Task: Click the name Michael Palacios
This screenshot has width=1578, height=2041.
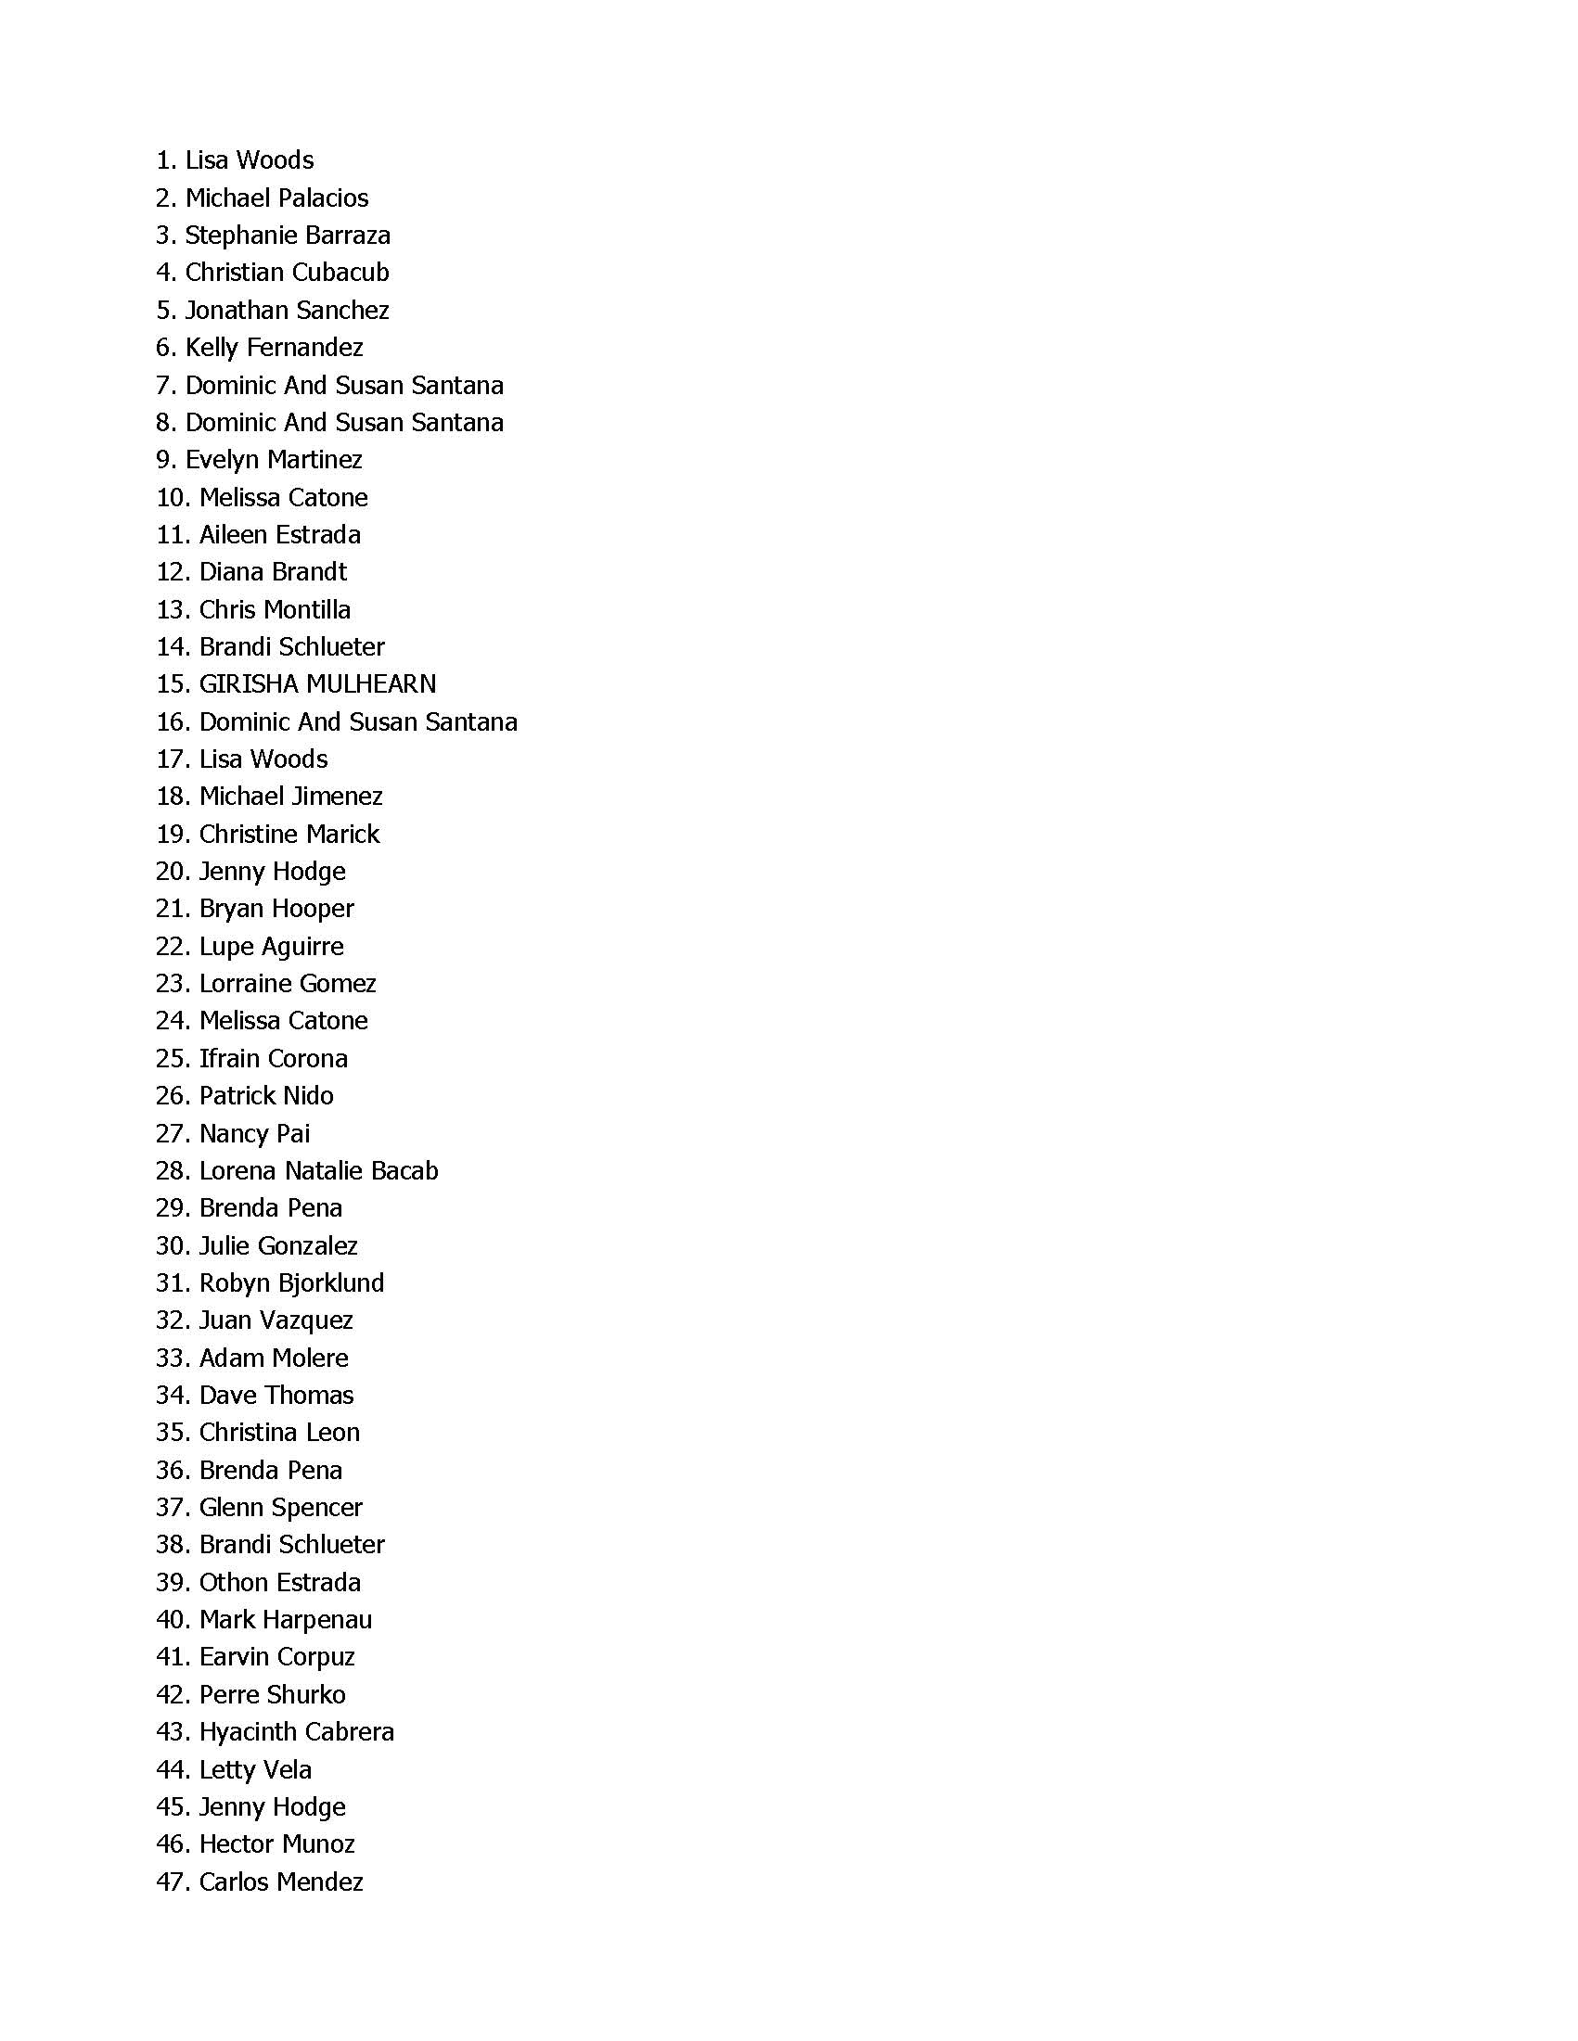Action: coord(276,198)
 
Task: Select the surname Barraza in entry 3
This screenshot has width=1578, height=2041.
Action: coord(347,236)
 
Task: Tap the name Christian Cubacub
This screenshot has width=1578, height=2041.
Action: coord(287,273)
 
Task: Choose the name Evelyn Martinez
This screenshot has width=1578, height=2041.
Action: coord(274,460)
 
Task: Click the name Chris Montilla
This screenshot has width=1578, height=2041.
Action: coord(275,609)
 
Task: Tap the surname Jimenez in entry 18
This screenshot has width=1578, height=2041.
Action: coord(338,797)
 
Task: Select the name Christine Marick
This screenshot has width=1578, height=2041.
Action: coord(289,834)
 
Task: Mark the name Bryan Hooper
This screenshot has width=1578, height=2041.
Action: coord(276,909)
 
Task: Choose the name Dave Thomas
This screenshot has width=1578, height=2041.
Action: coord(276,1396)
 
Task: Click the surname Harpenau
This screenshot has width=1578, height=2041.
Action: coord(318,1619)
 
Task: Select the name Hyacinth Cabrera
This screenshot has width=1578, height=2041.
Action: coord(296,1731)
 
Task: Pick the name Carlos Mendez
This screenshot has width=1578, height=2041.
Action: coord(281,1882)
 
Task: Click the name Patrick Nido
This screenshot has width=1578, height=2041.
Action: coord(266,1095)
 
